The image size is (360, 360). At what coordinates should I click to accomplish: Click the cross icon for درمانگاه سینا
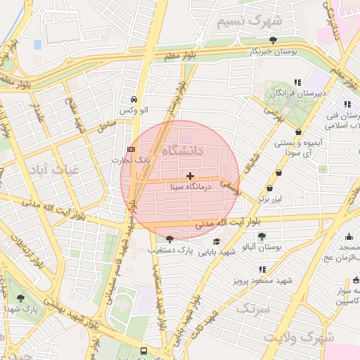pos(190,175)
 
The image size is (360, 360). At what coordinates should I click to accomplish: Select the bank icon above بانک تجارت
pos(131,149)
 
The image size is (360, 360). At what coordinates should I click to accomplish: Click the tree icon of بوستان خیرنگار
pos(273,40)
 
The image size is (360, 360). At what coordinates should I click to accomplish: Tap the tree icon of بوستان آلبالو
pos(262,236)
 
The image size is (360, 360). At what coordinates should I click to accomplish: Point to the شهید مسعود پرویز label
pos(262,280)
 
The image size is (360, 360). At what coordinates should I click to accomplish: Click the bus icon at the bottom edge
pos(143,351)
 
